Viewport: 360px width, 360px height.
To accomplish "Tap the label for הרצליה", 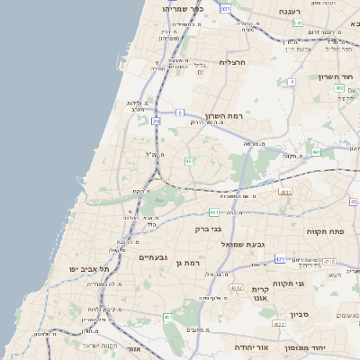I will click(232, 62).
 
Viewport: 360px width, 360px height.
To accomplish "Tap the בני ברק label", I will click(209, 229).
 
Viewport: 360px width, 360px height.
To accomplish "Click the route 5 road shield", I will click(180, 112).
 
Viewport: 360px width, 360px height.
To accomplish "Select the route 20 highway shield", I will click(156, 120).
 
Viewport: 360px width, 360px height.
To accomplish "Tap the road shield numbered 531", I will click(225, 8).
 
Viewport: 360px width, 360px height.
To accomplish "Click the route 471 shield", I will click(280, 258).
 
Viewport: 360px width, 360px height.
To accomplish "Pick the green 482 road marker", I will click(190, 161).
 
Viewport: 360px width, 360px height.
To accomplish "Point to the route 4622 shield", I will click(278, 323).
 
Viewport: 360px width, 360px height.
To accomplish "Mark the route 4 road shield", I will click(292, 82).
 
